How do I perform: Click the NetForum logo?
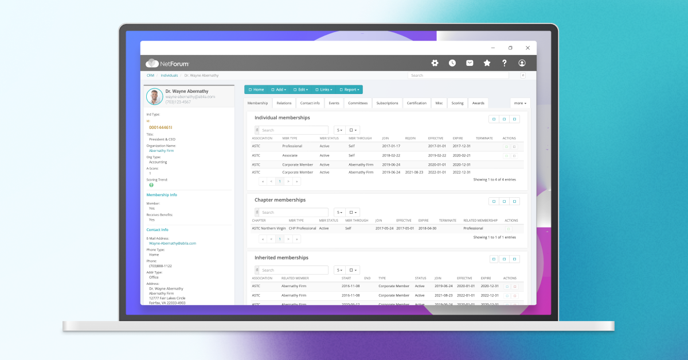pos(167,63)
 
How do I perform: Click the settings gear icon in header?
pos(435,63)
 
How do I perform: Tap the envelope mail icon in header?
pos(470,63)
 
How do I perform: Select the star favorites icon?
pos(487,63)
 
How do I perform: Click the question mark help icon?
pos(505,63)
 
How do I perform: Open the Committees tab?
pos(358,103)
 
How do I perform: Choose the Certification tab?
pos(417,103)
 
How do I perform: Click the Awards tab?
pos(478,103)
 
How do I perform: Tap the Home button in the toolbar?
pos(256,89)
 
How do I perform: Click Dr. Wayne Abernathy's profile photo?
pos(154,96)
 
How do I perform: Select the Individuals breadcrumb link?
pos(169,75)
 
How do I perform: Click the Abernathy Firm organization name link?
pos(161,151)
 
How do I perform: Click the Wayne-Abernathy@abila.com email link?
pos(172,243)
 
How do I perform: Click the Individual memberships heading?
pos(282,118)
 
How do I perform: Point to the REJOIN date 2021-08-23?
pos(413,172)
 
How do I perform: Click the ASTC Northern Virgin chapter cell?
pos(268,228)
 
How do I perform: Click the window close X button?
pos(527,48)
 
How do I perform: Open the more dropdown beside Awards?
pos(520,103)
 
